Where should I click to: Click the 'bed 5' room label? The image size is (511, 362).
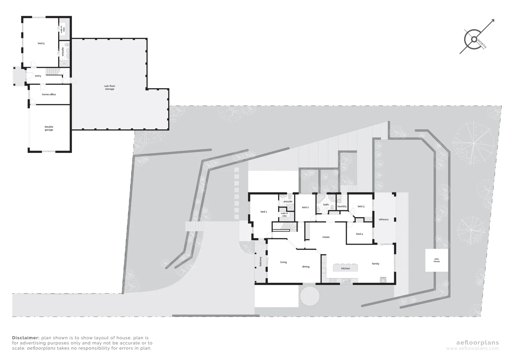41,44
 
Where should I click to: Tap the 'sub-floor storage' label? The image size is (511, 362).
109,87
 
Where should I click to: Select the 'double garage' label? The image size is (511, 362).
49,128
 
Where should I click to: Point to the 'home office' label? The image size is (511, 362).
49,95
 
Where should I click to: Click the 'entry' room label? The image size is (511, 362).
38,76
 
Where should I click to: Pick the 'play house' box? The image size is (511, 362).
437,260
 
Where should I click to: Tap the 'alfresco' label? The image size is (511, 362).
384,219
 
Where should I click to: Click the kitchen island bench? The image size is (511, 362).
345,268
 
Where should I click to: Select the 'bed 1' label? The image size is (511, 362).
264,212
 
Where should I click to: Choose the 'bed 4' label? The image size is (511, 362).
359,234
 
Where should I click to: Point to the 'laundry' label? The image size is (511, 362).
342,206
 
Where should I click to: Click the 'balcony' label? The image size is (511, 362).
260,262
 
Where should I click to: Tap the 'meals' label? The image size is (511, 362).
326,237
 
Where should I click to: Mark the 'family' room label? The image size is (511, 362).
375,264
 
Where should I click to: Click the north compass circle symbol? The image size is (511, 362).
474,40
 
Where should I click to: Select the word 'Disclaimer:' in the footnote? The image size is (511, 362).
26,338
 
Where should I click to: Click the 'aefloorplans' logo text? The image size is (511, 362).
478,343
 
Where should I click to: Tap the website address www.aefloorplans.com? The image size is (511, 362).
473,349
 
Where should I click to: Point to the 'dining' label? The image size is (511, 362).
306,267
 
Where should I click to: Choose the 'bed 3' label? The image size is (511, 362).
361,206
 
